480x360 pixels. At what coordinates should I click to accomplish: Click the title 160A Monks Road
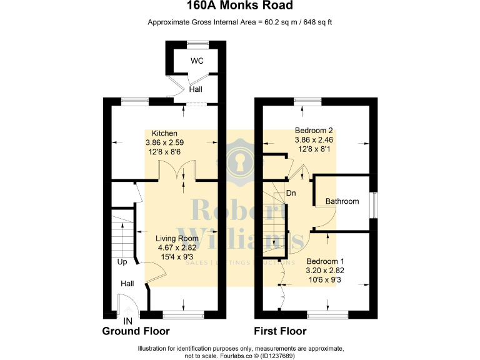[240, 7]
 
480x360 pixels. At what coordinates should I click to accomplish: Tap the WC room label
[197, 61]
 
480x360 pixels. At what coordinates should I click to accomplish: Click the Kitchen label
[165, 133]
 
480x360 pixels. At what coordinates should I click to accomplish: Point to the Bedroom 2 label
[314, 130]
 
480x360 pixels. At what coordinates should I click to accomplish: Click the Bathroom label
[342, 201]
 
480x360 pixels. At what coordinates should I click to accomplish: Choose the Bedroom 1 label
[325, 261]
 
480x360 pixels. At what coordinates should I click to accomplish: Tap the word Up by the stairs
[122, 262]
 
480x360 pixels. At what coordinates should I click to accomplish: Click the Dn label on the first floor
[291, 193]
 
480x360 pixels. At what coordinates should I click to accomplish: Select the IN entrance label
[128, 321]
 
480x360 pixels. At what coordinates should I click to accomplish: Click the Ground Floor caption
[136, 331]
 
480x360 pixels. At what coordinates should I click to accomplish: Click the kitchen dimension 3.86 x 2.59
[165, 142]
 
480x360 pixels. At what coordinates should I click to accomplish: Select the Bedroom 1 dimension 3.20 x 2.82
[325, 271]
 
